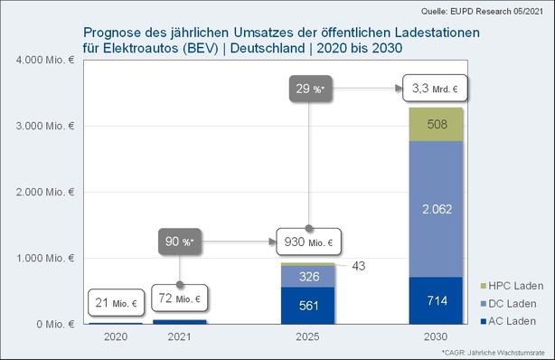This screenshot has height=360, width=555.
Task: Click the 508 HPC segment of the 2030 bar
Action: [x=437, y=125]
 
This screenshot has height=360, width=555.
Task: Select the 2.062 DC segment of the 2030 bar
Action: [x=437, y=209]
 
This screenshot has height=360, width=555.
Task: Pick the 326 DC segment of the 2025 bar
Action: [x=308, y=276]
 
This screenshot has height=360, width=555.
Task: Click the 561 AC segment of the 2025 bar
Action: [x=308, y=306]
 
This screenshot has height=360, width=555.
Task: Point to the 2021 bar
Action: [x=180, y=321]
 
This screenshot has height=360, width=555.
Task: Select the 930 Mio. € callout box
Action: [x=309, y=242]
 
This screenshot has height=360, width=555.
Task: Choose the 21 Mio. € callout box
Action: [x=116, y=303]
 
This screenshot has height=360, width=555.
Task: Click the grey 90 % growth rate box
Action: [x=180, y=242]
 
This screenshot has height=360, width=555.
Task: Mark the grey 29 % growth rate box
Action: [x=308, y=89]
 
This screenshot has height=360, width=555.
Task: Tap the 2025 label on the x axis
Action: [x=308, y=336]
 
